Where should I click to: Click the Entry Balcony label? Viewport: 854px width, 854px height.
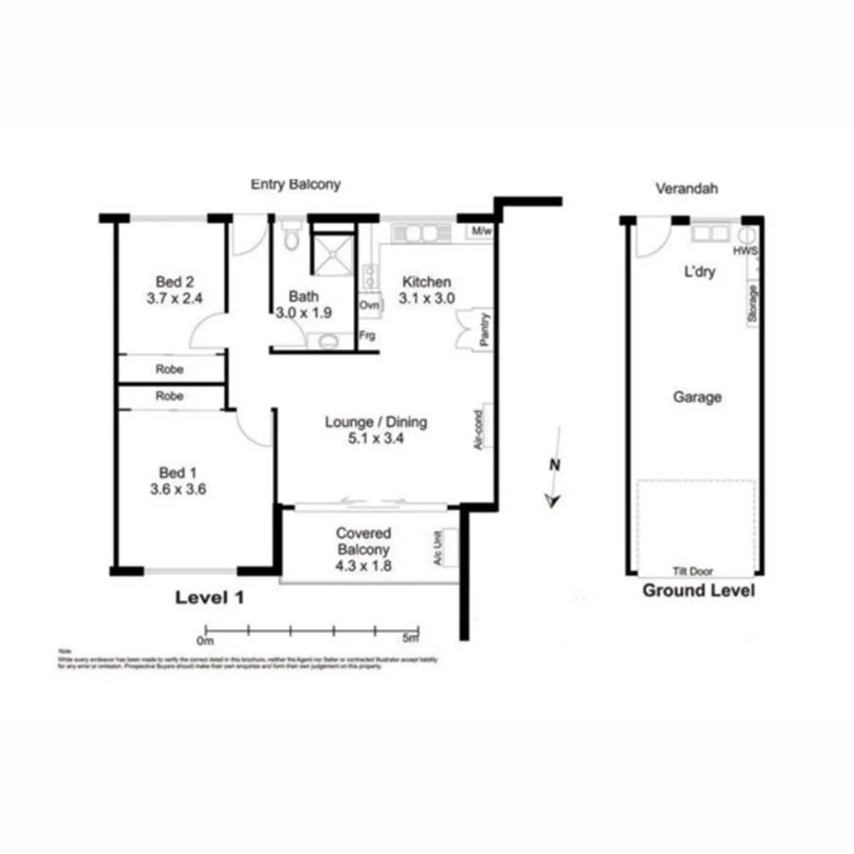click(294, 184)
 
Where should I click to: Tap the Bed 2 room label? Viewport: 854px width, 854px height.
click(175, 281)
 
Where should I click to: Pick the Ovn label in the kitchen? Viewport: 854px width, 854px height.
click(368, 306)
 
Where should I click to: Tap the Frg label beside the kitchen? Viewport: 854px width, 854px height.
click(367, 335)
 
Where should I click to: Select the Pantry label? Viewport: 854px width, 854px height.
click(484, 329)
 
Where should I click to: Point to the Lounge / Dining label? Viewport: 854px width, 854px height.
click(376, 422)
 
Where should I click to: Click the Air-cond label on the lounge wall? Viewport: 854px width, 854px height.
click(479, 429)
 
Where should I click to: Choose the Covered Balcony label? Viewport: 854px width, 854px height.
click(363, 541)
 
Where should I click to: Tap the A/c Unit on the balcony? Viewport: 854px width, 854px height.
click(438, 548)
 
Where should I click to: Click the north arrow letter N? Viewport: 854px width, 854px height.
click(554, 465)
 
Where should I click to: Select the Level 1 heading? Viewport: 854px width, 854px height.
click(210, 598)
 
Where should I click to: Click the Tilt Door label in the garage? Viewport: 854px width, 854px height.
click(694, 571)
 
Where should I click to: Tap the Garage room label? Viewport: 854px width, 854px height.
click(696, 398)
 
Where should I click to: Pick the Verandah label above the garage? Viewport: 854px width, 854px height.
click(686, 189)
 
